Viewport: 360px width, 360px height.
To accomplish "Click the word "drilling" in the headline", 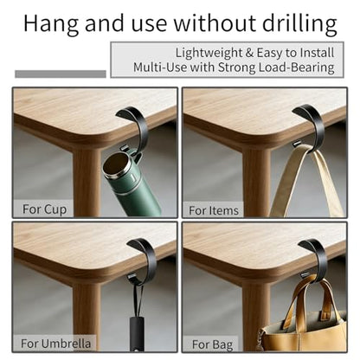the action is click(299, 23).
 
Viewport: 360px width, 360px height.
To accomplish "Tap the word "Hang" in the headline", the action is click(51, 23).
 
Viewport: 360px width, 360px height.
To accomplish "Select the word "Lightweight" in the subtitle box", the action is click(209, 53).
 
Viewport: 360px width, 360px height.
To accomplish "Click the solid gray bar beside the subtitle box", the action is click(61, 74).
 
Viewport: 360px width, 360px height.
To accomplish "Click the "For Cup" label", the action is click(44, 209).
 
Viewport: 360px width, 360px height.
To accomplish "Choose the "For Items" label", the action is click(214, 210).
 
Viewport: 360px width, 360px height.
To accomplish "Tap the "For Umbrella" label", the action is click(55, 344).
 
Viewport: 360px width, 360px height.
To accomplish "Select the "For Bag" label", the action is click(213, 344).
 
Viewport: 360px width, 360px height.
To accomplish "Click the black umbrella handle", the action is click(137, 334).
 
